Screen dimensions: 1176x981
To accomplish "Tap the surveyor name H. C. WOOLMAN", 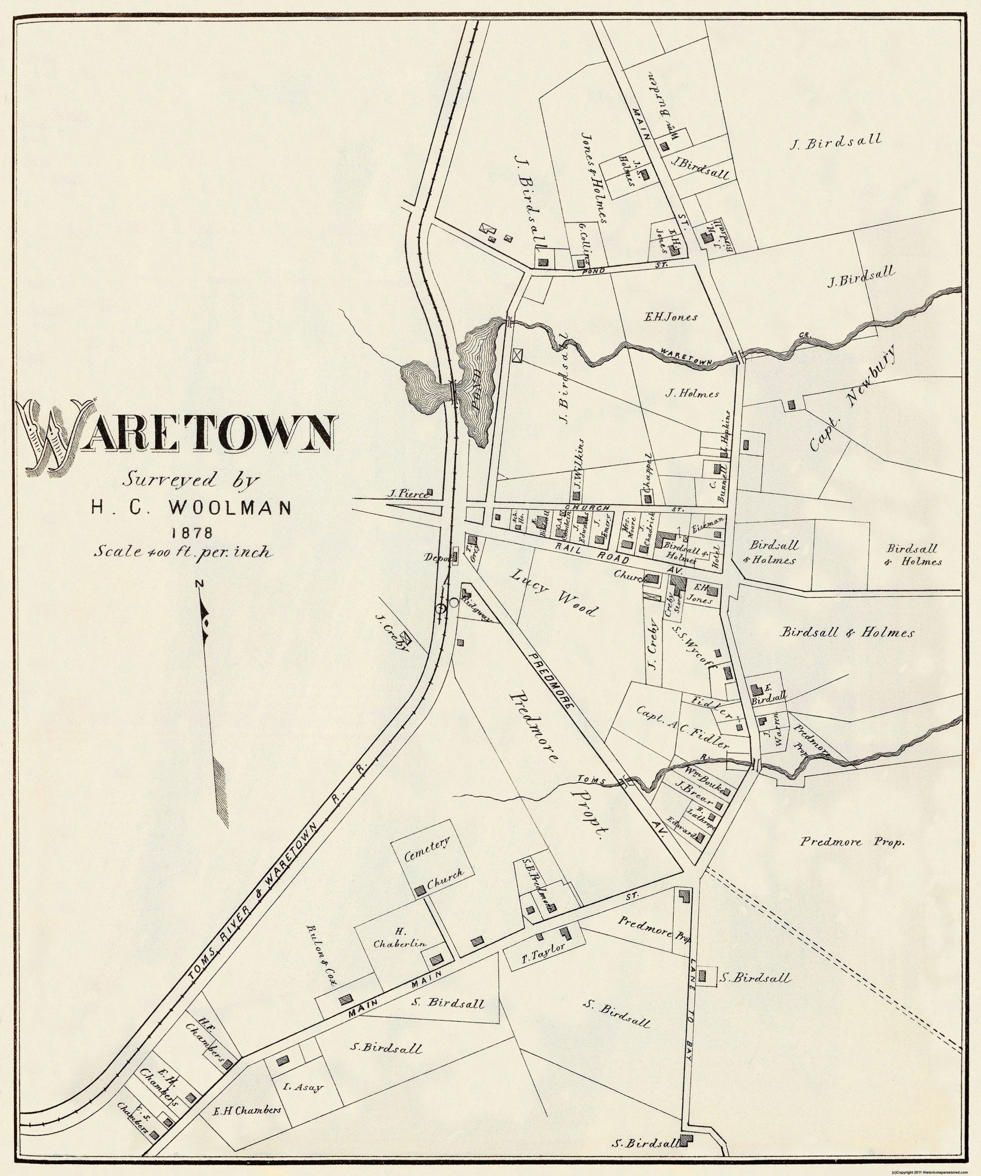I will point(190,507).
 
